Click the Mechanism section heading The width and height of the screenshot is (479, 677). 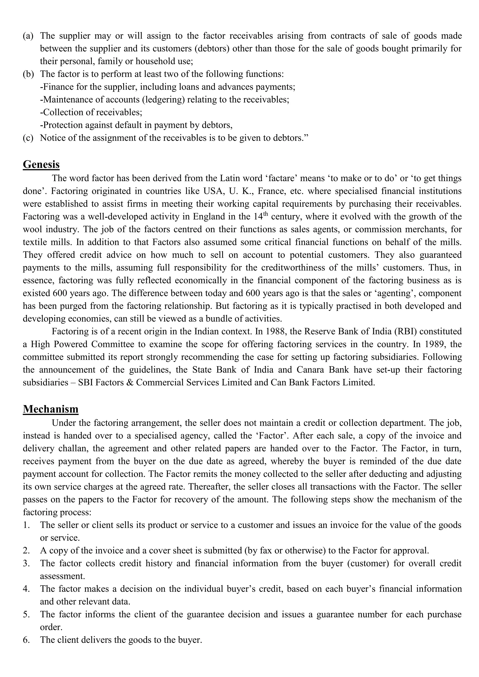[51, 409]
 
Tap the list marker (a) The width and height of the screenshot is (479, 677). [28, 36]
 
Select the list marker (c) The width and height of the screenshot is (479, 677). [28, 138]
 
